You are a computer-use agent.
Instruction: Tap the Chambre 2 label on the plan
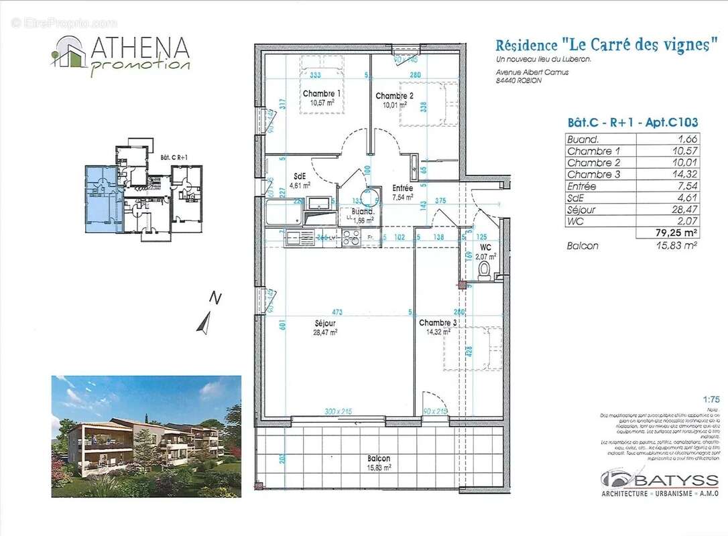point(394,96)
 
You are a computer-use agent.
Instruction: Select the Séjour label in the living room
point(325,322)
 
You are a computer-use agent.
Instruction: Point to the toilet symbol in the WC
point(485,269)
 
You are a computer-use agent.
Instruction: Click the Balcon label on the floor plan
point(379,459)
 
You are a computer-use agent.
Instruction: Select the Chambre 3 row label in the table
point(591,174)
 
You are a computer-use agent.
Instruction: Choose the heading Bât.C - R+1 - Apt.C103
point(633,123)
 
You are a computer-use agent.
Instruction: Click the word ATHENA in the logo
point(139,48)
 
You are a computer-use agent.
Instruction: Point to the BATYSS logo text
point(677,480)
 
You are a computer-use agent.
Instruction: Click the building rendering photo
point(146,436)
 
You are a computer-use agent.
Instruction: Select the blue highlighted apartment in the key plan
point(101,200)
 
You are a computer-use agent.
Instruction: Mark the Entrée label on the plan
point(403,189)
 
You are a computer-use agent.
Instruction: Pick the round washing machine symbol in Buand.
point(364,198)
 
